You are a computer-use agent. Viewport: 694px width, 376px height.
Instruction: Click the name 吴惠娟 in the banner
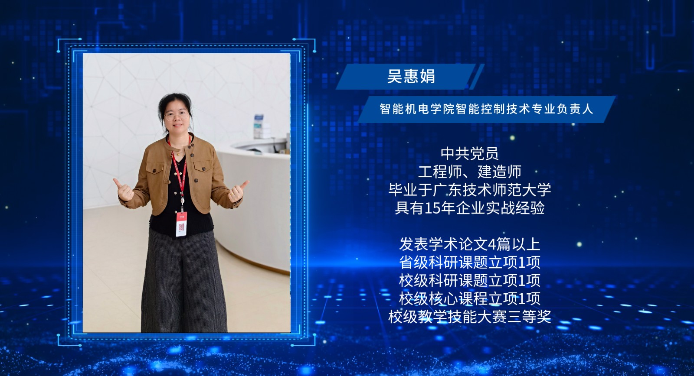(411, 76)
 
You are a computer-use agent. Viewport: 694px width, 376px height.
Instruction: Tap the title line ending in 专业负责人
(486, 109)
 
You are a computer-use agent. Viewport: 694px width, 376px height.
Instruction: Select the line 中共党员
(469, 153)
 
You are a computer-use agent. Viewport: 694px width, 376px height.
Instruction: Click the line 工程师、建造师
(469, 172)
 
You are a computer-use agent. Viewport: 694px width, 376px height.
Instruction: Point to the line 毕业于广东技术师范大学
(469, 190)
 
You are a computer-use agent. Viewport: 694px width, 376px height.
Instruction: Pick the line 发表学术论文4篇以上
(469, 244)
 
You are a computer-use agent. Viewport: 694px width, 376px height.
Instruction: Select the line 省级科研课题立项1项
(469, 263)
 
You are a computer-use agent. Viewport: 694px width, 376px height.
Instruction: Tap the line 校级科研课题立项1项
(469, 280)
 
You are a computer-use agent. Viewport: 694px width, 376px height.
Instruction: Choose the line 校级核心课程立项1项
(469, 298)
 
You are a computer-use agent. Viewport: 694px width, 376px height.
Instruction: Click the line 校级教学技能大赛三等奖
(469, 317)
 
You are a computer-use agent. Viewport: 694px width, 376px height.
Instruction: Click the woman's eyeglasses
(177, 116)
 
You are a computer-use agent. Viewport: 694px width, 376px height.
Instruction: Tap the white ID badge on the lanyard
(181, 224)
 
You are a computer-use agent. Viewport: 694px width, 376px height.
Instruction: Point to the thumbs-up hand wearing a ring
(237, 191)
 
